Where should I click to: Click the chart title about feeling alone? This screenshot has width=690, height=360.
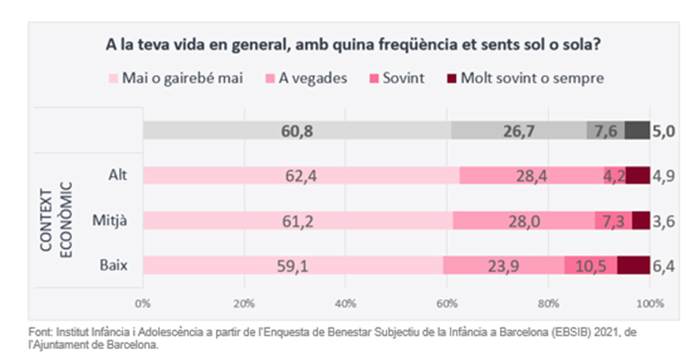click(x=352, y=45)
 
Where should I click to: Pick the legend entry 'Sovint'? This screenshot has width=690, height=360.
click(x=402, y=79)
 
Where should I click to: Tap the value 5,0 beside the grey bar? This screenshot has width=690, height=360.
click(x=663, y=131)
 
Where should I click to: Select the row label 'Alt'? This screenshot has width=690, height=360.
click(x=120, y=176)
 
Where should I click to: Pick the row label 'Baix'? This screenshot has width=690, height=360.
click(x=117, y=265)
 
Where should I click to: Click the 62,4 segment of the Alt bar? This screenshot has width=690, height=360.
click(x=301, y=176)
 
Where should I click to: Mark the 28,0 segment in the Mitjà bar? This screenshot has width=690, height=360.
click(x=524, y=220)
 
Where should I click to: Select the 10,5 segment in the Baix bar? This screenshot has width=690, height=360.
click(x=590, y=265)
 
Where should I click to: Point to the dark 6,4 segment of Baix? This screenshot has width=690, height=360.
click(x=634, y=265)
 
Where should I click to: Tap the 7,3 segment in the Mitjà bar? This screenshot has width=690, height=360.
click(x=613, y=220)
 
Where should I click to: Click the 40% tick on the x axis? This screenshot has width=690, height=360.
click(x=345, y=303)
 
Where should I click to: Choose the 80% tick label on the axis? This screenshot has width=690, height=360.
click(x=548, y=303)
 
